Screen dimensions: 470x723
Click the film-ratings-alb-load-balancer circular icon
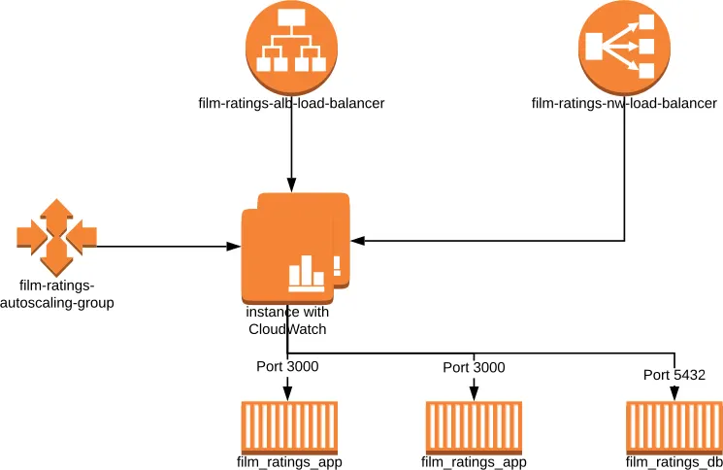tap(291, 47)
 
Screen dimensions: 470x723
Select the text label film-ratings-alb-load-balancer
tap(291, 103)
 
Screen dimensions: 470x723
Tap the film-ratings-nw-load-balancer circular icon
tap(624, 47)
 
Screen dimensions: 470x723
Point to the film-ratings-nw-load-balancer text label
tap(624, 103)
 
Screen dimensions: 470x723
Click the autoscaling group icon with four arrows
tap(56, 237)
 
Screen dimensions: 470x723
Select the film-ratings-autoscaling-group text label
tap(66, 293)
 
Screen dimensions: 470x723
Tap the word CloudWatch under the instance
tap(287, 329)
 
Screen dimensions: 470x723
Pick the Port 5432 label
tap(674, 374)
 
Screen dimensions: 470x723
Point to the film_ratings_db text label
tap(674, 461)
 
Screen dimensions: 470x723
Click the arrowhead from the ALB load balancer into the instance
tap(291, 185)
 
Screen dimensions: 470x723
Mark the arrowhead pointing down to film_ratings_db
tap(674, 391)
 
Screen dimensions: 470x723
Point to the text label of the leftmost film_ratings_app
tap(288, 461)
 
